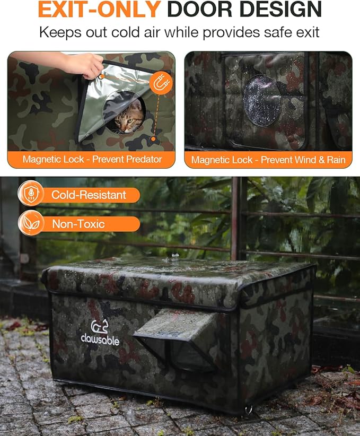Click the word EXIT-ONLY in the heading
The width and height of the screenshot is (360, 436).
click(x=99, y=10)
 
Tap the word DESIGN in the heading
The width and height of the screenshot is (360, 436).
click(x=280, y=10)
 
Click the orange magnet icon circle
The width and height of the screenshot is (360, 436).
click(x=161, y=83)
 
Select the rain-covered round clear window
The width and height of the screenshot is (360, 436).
click(x=262, y=101)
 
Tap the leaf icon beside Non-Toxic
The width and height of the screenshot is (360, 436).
click(x=31, y=223)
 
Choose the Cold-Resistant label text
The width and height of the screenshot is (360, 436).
click(x=89, y=195)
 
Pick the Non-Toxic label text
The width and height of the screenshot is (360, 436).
click(x=78, y=224)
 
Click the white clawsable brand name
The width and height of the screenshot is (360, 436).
click(x=100, y=339)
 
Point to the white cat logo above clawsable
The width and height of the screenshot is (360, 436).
click(x=99, y=326)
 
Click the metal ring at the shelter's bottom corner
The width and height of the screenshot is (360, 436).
click(x=249, y=409)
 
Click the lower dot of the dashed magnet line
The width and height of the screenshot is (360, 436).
click(x=153, y=139)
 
